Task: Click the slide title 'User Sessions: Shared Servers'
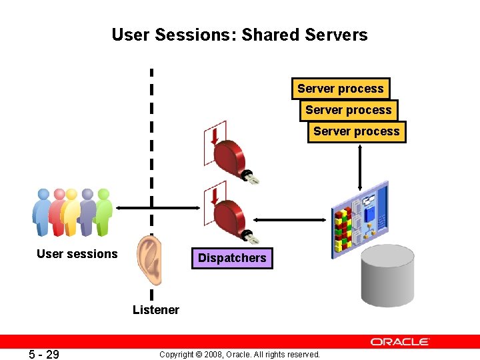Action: click(x=239, y=35)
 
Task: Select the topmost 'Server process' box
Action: click(x=340, y=89)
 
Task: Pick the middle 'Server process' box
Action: click(x=348, y=110)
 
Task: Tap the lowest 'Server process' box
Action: click(x=357, y=131)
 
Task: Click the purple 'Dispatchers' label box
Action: click(x=232, y=258)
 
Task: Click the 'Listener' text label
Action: click(x=155, y=309)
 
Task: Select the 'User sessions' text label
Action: click(x=77, y=254)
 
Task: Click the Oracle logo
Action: click(x=400, y=342)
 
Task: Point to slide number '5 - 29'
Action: click(x=44, y=354)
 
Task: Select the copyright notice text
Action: click(x=239, y=354)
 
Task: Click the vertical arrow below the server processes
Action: click(x=360, y=167)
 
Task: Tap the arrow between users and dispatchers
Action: click(x=157, y=208)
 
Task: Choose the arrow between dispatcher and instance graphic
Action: click(x=294, y=219)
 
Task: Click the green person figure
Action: click(x=103, y=212)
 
